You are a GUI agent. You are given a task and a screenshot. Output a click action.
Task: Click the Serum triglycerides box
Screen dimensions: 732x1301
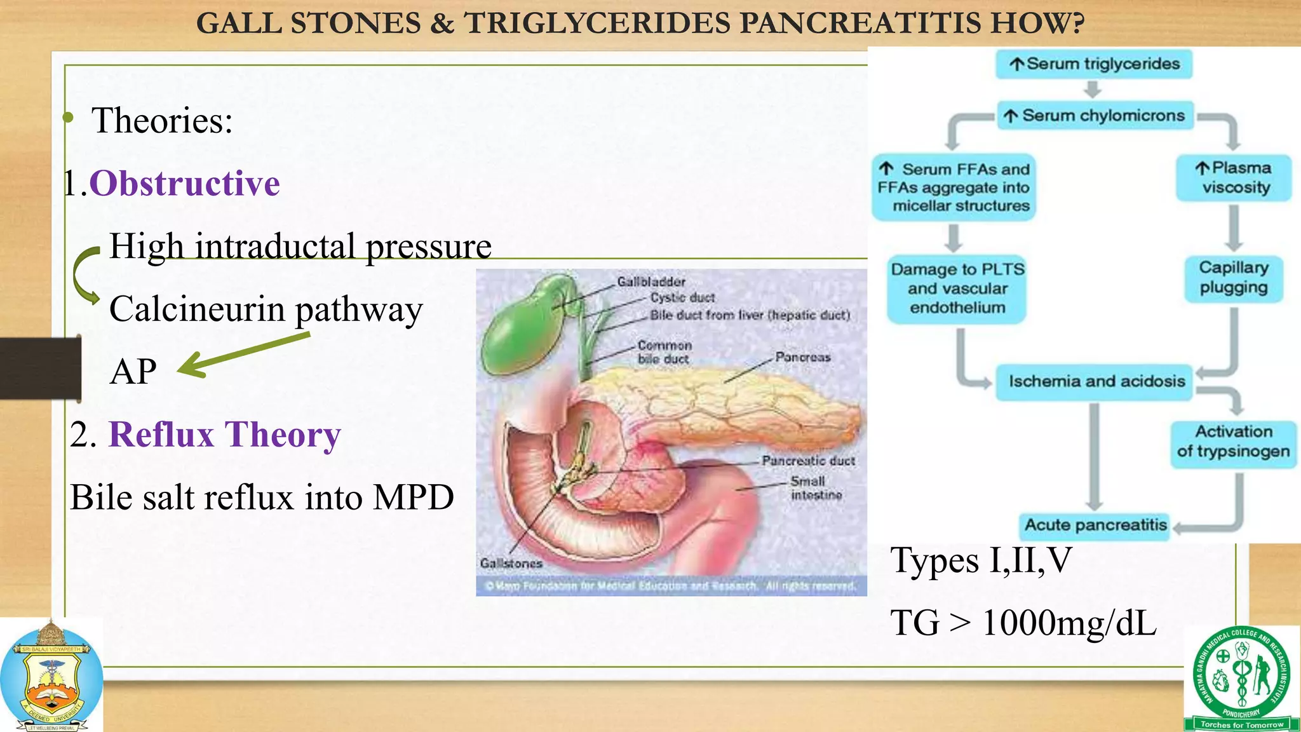(x=1093, y=64)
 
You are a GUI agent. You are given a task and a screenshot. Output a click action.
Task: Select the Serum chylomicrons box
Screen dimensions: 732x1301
(x=1095, y=116)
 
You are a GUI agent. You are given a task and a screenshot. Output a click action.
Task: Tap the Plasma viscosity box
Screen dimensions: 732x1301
(x=1234, y=178)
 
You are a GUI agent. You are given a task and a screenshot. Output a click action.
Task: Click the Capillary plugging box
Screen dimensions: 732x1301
(x=1233, y=278)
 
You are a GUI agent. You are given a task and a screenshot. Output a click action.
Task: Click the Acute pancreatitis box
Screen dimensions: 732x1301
(x=1095, y=525)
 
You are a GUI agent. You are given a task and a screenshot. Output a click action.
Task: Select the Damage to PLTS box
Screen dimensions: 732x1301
(x=957, y=288)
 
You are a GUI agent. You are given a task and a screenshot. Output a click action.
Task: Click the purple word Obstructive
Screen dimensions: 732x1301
(x=184, y=184)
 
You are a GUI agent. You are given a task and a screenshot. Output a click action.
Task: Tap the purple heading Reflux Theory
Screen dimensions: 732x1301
(x=224, y=435)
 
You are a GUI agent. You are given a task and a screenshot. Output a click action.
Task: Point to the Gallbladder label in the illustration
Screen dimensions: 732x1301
(x=650, y=281)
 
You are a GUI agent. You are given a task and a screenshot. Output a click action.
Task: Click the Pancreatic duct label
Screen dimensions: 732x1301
(x=808, y=461)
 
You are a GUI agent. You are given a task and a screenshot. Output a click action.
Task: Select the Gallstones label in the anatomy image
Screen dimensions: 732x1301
(x=511, y=563)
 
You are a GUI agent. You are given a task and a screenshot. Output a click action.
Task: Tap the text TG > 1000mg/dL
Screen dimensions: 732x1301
(x=1023, y=623)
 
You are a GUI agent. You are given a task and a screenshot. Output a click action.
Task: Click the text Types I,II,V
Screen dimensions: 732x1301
(x=981, y=560)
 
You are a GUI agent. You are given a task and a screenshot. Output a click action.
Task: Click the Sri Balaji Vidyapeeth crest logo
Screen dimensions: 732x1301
(x=51, y=677)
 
